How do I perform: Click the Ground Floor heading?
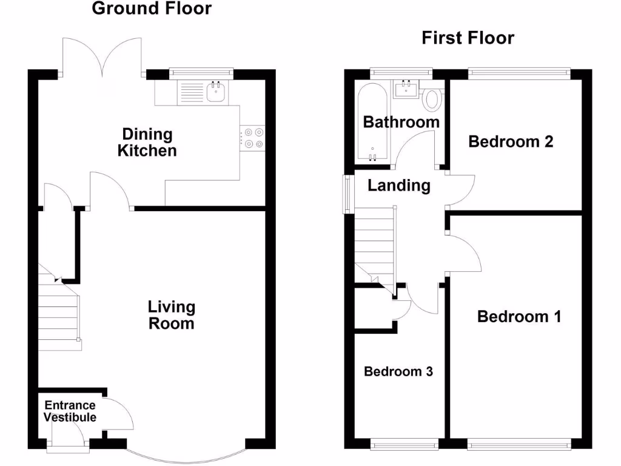152,8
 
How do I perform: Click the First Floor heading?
468,38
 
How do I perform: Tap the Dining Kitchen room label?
147,142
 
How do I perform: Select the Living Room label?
172,315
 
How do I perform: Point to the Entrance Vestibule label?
71,411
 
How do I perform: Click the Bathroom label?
401,122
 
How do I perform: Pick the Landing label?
399,186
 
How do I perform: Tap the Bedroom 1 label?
519,317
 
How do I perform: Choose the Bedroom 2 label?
511,142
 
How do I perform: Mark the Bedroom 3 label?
398,371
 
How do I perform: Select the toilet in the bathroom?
432,99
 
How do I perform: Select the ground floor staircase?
59,312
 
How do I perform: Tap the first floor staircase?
374,243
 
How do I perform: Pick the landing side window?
347,194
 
